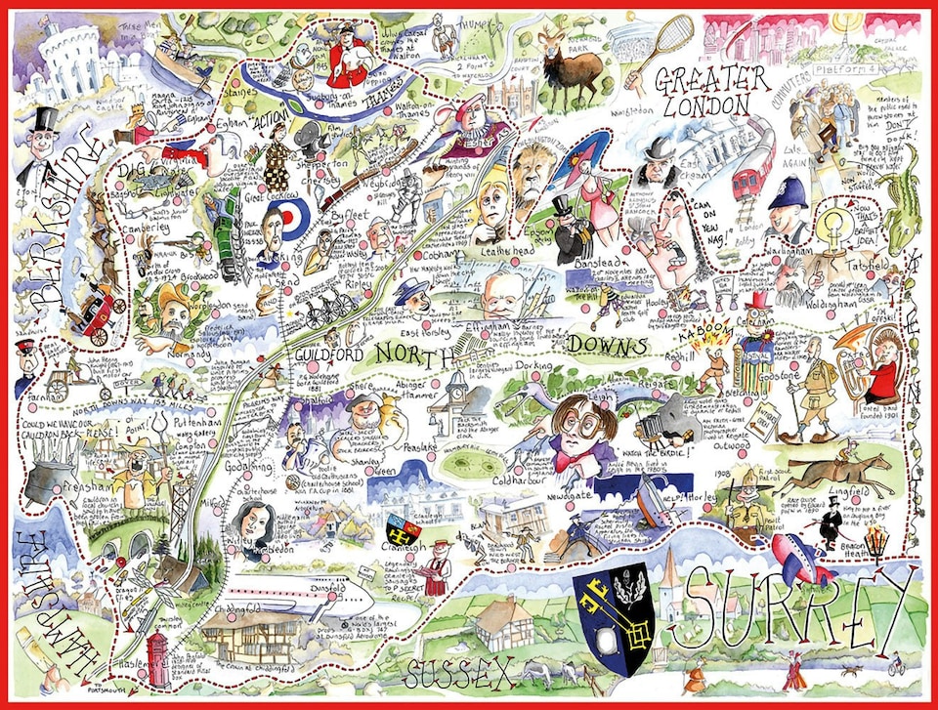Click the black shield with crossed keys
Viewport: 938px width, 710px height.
[x=613, y=606]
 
